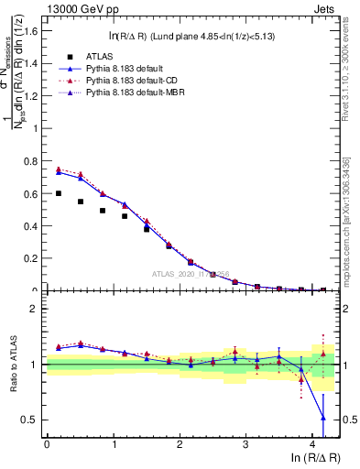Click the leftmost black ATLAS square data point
pyautogui.click(x=59, y=193)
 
